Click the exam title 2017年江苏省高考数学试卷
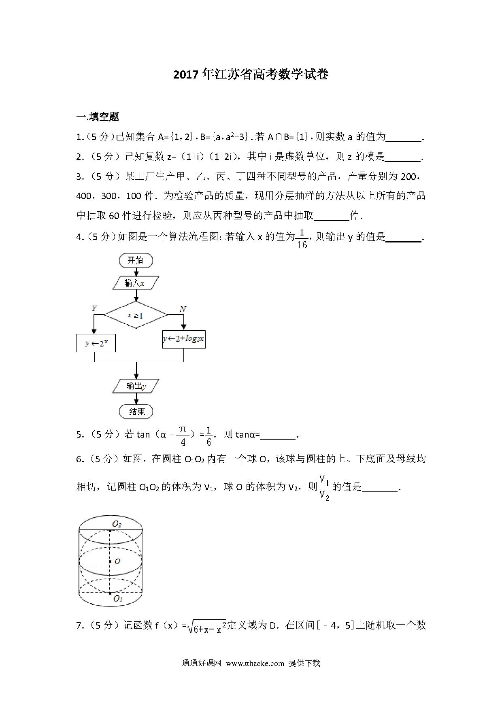pos(251,74)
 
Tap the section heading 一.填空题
pos(98,117)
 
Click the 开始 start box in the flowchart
pos(136,260)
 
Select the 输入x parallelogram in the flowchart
pos(135,283)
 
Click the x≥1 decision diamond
pos(136,315)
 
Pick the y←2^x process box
pos(96,343)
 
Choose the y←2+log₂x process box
pos(183,339)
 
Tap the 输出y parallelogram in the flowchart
pos(136,386)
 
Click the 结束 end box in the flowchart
pos(136,412)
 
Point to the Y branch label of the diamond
pos(94,308)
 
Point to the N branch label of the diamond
pos(183,309)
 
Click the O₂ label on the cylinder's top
pos(117,524)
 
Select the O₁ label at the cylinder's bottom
pos(118,599)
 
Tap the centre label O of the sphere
pos(117,561)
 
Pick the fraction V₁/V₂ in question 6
pos(324,488)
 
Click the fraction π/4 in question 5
pos(183,436)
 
